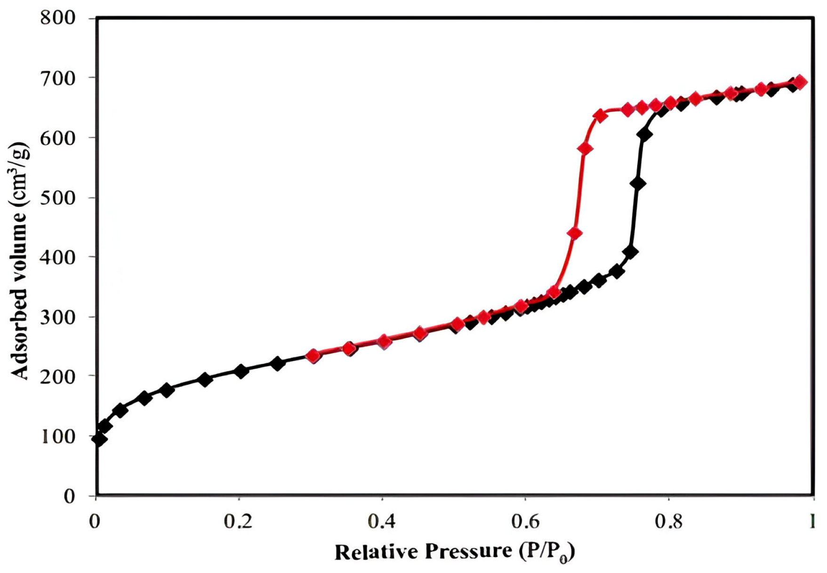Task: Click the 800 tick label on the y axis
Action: pos(57,18)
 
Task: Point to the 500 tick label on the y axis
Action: pos(57,198)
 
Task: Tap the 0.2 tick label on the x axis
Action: pos(238,522)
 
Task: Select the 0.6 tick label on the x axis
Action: pos(524,522)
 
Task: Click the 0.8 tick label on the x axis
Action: pos(668,522)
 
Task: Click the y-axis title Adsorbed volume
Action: pos(20,260)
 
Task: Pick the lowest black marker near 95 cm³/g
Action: pos(99,439)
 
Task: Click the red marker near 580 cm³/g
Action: pos(585,149)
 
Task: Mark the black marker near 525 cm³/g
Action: pos(638,184)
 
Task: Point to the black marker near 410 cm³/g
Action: pos(630,252)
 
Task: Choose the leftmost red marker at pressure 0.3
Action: pos(313,356)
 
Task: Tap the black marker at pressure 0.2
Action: pos(241,371)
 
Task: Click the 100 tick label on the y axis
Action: pos(57,437)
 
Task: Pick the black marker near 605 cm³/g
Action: pos(644,135)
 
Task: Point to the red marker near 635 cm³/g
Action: pos(600,115)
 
